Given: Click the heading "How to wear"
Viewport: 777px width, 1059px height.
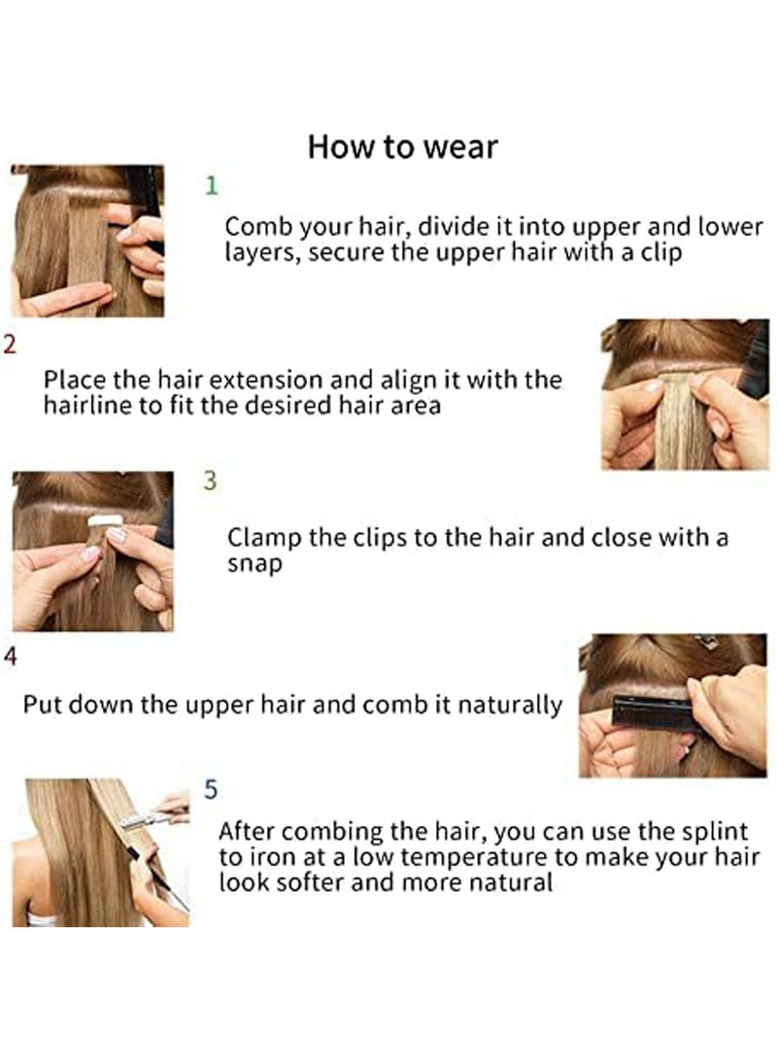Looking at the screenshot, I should [402, 147].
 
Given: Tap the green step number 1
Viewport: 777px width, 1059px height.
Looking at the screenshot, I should [212, 184].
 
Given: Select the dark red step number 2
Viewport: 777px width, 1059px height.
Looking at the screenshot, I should [9, 345].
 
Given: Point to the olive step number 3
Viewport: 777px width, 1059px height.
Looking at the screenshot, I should [210, 482].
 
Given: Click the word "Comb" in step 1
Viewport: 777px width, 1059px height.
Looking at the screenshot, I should [253, 226].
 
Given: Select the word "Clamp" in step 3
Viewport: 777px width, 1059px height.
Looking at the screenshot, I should [260, 538].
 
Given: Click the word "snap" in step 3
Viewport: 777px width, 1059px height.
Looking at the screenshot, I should [253, 564].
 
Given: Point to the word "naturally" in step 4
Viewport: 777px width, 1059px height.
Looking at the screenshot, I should [511, 705].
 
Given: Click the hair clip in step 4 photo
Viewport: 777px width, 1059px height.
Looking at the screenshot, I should [708, 642].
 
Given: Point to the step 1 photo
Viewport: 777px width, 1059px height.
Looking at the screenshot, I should [86, 241].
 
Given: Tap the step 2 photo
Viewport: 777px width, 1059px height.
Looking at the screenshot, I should [684, 394].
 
